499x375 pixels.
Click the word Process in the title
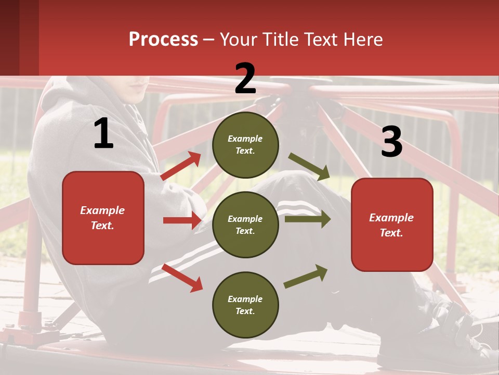tap(163, 40)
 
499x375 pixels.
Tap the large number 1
tap(103, 134)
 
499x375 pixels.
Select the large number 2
tap(245, 79)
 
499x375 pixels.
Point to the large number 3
tap(391, 142)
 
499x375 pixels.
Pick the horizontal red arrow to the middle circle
tap(182, 220)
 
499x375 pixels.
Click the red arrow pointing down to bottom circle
tap(182, 278)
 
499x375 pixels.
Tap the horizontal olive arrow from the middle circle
tap(307, 219)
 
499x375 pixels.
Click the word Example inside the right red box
tap(391, 218)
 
